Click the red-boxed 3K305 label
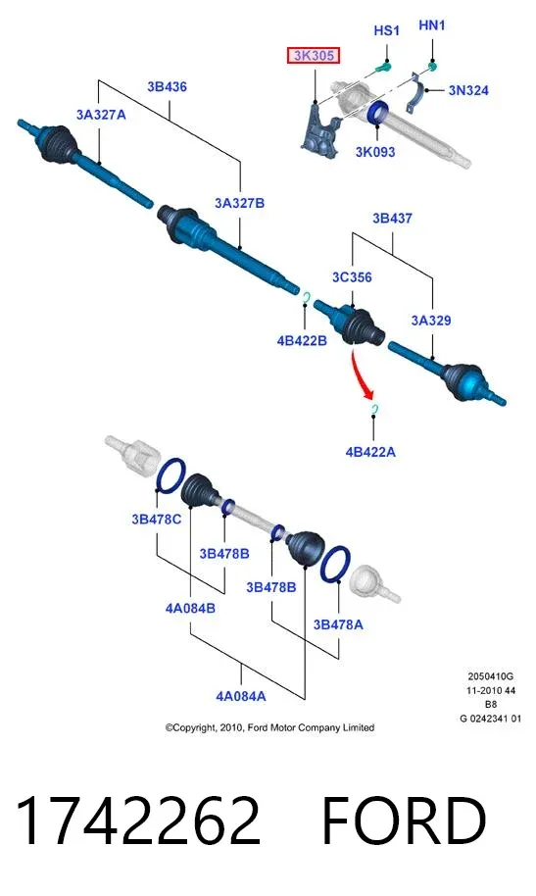[314, 56]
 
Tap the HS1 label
[386, 30]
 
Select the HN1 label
[431, 25]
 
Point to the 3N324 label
[468, 90]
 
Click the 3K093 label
[375, 152]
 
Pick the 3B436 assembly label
[167, 87]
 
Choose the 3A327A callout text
[101, 115]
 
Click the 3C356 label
[352, 277]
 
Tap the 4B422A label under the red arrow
[370, 452]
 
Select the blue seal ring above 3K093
[377, 112]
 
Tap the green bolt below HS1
[383, 68]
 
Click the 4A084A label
[241, 696]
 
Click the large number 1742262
[138, 821]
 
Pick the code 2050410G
[490, 676]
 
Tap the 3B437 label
[392, 219]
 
